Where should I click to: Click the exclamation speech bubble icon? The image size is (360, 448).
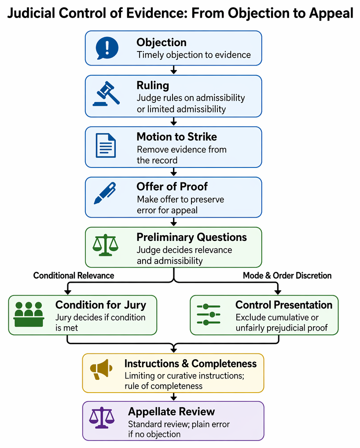pos(107,48)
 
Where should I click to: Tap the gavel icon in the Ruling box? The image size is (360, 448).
pos(106,94)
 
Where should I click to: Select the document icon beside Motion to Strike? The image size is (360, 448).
pos(106,146)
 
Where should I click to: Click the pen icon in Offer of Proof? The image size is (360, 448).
pos(105,193)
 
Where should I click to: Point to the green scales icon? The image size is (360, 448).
pos(105,245)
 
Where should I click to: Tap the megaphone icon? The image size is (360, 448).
pos(101,369)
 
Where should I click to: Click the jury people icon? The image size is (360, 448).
pos(29,314)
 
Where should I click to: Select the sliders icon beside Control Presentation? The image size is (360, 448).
pos(209,315)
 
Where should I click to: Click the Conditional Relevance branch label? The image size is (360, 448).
pos(73,275)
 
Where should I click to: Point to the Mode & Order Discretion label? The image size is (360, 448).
pos(287,275)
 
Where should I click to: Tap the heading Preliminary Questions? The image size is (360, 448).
pos(191,237)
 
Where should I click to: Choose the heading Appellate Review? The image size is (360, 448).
pos(171,412)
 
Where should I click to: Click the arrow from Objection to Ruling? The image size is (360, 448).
pos(173,70)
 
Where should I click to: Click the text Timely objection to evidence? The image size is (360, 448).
pos(194,55)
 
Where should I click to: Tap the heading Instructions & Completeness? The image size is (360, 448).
pos(191,364)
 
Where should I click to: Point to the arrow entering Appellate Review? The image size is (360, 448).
pos(173,397)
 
